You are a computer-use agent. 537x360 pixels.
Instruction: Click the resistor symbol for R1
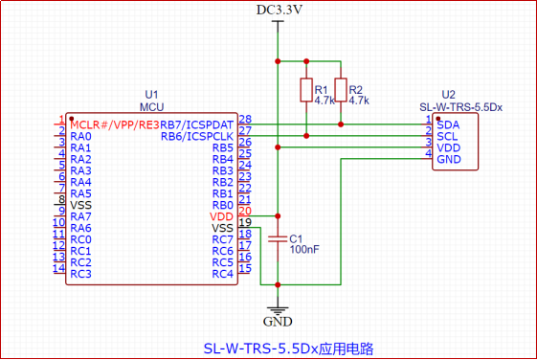(306, 90)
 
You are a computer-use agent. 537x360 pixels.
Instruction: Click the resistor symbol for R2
(341, 90)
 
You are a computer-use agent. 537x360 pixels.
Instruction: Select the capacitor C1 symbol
(278, 238)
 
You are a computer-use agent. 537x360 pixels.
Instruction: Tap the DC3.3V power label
(280, 10)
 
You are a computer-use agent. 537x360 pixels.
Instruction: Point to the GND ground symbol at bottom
(278, 311)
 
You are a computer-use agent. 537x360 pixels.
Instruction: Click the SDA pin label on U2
(448, 125)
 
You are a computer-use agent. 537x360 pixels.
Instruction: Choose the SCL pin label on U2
(447, 137)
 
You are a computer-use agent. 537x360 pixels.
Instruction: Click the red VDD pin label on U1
(221, 216)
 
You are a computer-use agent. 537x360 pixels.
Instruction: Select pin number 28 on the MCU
(245, 119)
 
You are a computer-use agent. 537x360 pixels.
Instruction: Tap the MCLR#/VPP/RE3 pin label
(115, 125)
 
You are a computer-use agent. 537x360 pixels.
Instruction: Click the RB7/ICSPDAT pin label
(196, 125)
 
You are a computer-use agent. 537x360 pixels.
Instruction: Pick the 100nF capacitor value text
(304, 249)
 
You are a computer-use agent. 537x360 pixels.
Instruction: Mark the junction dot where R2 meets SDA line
(341, 124)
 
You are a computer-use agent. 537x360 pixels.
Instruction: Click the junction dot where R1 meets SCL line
(306, 136)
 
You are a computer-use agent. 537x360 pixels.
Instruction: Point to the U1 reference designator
(151, 95)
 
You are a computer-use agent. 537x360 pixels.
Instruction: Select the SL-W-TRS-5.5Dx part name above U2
(461, 107)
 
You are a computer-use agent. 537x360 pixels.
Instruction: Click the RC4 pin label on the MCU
(223, 274)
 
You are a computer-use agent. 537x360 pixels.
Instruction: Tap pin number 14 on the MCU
(59, 268)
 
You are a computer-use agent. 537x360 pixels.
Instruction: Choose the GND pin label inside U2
(449, 159)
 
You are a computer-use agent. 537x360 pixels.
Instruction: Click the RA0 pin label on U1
(80, 136)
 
